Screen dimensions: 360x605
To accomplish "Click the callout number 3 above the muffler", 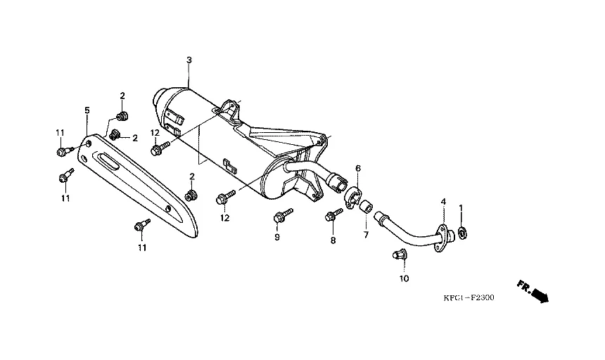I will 189,60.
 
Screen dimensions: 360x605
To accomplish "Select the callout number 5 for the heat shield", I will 87,110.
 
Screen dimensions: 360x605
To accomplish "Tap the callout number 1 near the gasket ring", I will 461,208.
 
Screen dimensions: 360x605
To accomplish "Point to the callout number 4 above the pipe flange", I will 443,202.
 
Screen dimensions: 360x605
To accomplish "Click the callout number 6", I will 357,168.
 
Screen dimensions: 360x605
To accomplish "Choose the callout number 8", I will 333,240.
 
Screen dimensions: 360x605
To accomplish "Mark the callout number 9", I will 277,238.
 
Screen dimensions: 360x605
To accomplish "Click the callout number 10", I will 404,278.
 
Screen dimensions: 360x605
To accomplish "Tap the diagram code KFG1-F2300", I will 469,297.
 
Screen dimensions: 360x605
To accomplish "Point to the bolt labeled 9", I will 281,215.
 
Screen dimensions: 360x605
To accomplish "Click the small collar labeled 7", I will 366,207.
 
